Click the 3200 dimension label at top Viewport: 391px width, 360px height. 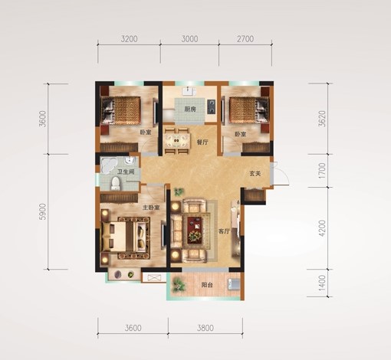tap(130, 39)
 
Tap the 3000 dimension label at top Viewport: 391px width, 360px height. tap(189, 39)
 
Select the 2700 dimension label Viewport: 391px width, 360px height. tap(245, 39)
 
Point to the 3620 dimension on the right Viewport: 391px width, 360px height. tap(323, 119)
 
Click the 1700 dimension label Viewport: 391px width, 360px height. tap(323, 171)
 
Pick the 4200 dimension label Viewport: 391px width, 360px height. tap(323, 228)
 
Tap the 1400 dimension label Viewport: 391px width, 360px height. tap(323, 283)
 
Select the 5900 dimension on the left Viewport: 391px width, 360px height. tap(43, 211)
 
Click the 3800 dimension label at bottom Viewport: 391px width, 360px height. tap(205, 328)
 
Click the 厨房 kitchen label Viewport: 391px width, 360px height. tap(190, 110)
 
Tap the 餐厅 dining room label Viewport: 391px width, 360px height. tap(202, 142)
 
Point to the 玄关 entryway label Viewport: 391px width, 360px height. tap(255, 174)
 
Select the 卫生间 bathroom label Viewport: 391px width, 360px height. tap(126, 172)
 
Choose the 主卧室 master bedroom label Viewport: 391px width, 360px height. tap(151, 208)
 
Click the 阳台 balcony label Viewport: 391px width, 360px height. tap(207, 285)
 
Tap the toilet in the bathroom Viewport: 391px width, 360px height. tap(116, 183)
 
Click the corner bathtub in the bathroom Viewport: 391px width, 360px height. tap(109, 165)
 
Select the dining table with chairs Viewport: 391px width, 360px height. tap(178, 141)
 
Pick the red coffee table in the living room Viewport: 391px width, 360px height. tap(196, 230)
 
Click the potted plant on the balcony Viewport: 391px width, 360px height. tap(177, 285)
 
